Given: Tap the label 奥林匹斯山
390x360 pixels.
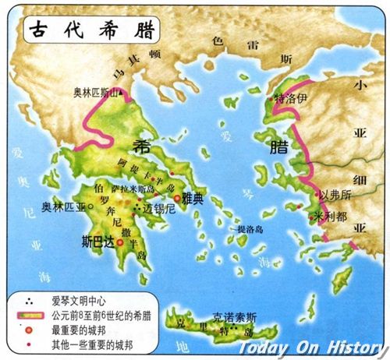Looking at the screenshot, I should pos(97,92).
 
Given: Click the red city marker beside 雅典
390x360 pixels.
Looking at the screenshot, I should pos(177,199).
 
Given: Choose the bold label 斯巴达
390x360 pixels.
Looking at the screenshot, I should pos(98,242).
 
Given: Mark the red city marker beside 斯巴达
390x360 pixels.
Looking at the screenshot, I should pos(120,242).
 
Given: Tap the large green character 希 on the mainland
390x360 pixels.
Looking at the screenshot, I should pos(142,146).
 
